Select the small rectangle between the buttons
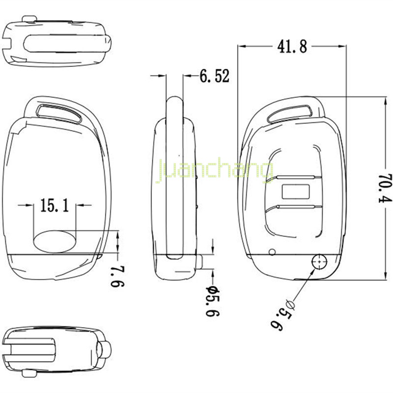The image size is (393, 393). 295,190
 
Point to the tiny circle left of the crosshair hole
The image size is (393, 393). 272,253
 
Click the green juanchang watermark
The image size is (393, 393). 214,172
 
